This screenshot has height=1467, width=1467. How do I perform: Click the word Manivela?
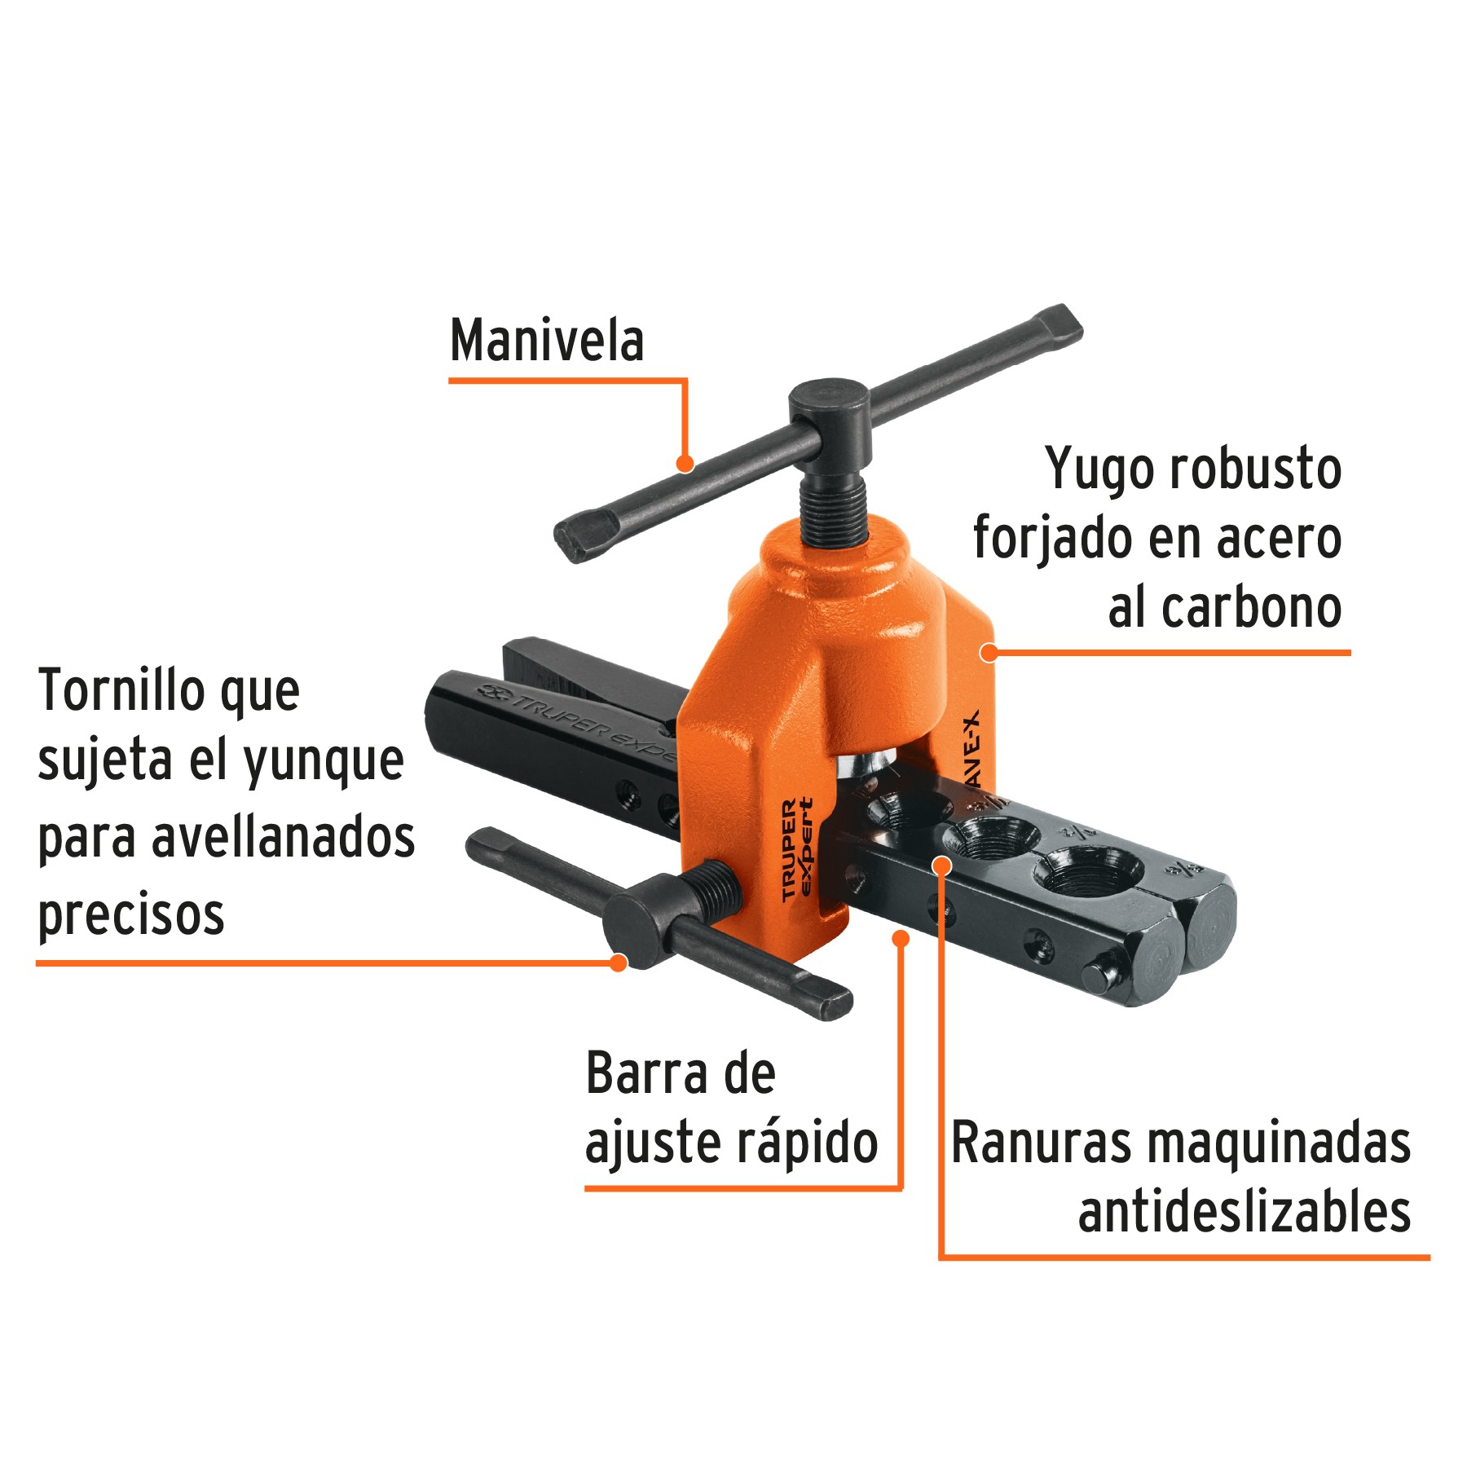547,341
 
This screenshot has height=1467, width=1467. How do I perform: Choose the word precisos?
131,914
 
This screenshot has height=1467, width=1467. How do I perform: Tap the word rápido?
807,1143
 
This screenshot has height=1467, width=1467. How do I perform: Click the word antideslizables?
1245,1213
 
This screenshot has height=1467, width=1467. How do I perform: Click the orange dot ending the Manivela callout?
685,464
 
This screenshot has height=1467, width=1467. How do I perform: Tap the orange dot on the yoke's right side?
989,652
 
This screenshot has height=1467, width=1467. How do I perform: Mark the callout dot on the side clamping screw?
619,963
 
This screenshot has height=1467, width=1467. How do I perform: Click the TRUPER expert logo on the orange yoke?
796,849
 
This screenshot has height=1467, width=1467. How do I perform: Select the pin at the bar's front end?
1098,972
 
